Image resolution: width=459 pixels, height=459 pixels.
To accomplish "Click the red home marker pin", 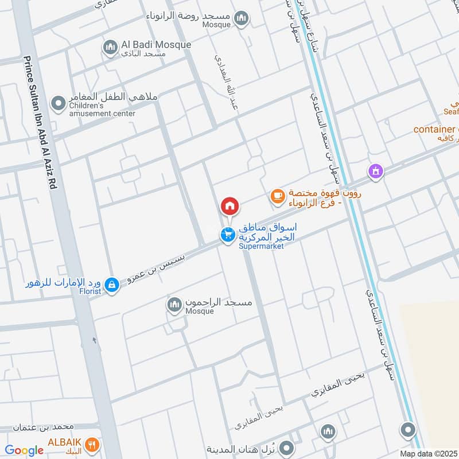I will (x=229, y=206).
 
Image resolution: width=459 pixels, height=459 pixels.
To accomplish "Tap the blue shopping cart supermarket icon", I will (x=228, y=235).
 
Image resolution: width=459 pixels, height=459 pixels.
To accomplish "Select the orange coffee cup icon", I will (x=278, y=196).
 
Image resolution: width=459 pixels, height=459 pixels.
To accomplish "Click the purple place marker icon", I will (x=376, y=170).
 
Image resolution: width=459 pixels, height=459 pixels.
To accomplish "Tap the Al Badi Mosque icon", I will (x=110, y=48).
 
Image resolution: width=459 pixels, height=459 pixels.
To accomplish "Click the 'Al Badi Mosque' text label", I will (x=147, y=44).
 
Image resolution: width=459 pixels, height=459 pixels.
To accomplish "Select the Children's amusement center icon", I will (x=58, y=104).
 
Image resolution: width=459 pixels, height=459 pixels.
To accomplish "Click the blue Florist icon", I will (x=112, y=284).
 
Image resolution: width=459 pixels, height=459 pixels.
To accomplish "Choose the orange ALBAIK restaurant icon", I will (x=92, y=444).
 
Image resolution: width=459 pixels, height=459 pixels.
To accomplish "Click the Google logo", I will (x=24, y=450).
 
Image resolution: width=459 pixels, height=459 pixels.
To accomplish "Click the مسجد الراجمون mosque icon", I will (x=174, y=305).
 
